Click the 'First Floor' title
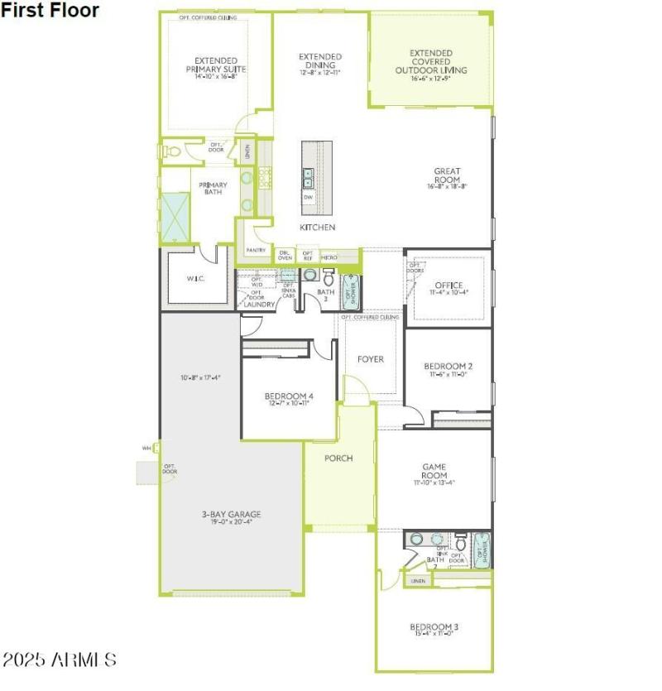tap(50, 11)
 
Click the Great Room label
tap(447, 178)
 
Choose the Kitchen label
tap(318, 227)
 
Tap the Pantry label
tap(256, 250)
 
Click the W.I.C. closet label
tap(195, 278)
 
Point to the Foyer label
tap(371, 359)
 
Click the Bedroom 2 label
tap(448, 370)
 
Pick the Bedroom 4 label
tap(288, 399)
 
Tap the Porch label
tap(338, 458)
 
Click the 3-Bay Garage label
tap(231, 518)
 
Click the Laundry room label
tap(259, 304)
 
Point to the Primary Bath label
tap(213, 189)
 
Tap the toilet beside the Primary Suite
tap(174, 152)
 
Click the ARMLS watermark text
tap(59, 660)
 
